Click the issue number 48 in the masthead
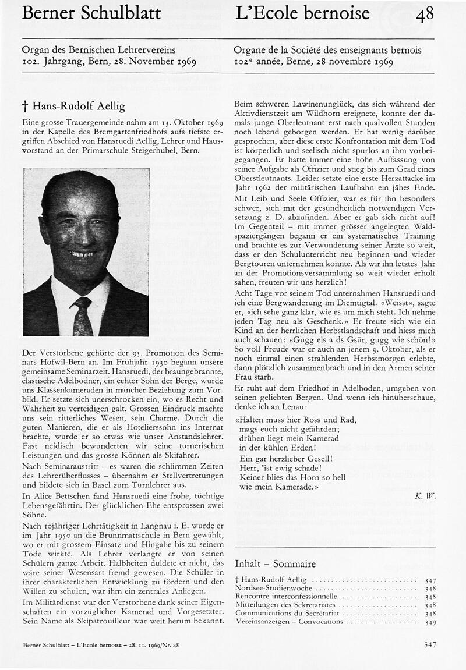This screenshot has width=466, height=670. [425, 15]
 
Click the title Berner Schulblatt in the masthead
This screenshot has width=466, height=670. [91, 13]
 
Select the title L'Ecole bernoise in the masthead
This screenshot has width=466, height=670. [302, 13]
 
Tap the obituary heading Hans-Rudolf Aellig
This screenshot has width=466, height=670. [78, 106]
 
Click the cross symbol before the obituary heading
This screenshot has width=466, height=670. [25, 107]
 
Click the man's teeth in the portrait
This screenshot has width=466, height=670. [82, 254]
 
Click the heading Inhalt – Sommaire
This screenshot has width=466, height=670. [275, 563]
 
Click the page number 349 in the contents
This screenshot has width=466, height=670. [430, 622]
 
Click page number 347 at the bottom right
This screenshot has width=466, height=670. [430, 644]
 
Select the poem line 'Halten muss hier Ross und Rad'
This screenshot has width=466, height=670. [296, 419]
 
